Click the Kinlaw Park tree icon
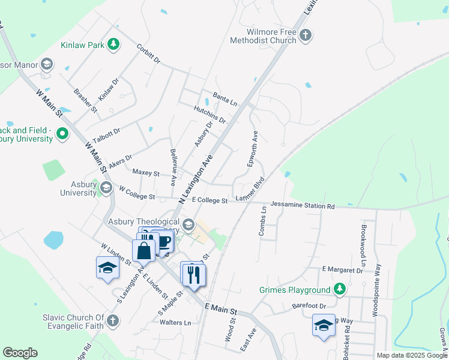[x=112, y=44]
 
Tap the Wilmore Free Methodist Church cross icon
[x=305, y=35]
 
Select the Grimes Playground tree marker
[x=340, y=290]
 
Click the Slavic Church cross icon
[x=112, y=322]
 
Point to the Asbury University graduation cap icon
[x=106, y=188]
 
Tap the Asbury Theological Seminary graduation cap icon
[x=188, y=225]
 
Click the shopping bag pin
[x=144, y=250]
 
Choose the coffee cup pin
[x=164, y=242]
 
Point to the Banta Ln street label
[x=225, y=98]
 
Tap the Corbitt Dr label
[x=148, y=53]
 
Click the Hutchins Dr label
[x=209, y=114]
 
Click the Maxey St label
[x=146, y=173]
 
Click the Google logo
[x=20, y=353]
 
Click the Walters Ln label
[x=175, y=322]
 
